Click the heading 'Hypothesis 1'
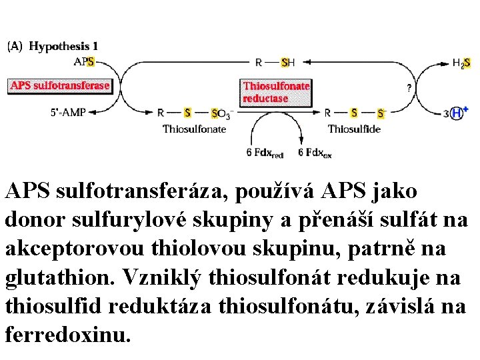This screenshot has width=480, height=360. click(63, 46)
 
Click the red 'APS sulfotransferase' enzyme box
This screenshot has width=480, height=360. click(59, 85)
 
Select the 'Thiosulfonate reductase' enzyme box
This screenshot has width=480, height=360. click(276, 92)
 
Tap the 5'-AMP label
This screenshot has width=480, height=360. click(67, 113)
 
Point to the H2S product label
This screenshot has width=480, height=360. click(461, 63)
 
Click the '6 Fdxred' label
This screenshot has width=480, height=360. click(265, 153)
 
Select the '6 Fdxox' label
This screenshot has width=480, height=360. click(315, 153)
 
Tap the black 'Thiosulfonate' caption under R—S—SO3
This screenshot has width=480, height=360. click(195, 129)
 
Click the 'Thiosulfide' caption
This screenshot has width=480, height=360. click(354, 129)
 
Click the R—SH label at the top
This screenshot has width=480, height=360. click(275, 63)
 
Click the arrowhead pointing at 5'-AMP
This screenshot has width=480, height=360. click(93, 113)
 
